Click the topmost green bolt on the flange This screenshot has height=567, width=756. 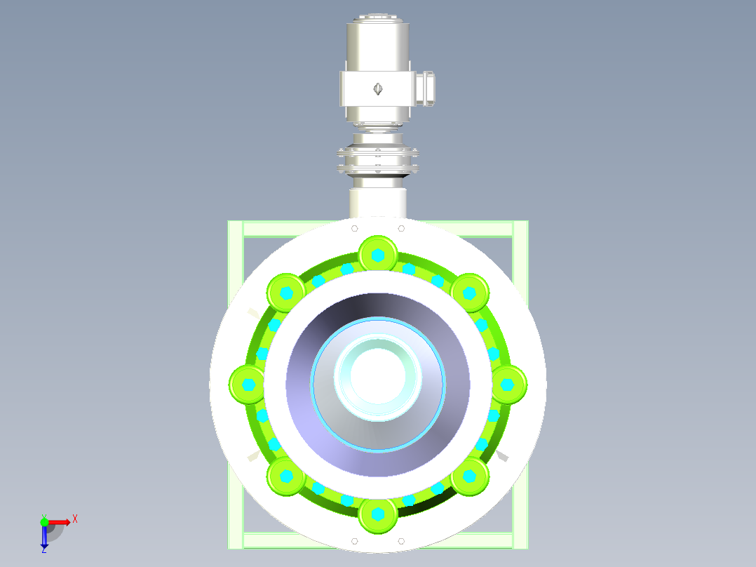pyautogui.click(x=378, y=254)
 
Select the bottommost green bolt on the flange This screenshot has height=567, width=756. pyautogui.click(x=378, y=514)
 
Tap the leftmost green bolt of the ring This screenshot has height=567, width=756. pyautogui.click(x=248, y=385)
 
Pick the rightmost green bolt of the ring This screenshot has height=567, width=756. pyautogui.click(x=508, y=385)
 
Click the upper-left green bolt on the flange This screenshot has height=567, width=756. pyautogui.click(x=286, y=292)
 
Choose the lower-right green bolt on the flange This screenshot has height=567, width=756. pyautogui.click(x=470, y=476)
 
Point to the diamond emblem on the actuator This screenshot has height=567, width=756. pyautogui.click(x=377, y=88)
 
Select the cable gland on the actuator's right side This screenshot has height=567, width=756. pyautogui.click(x=426, y=87)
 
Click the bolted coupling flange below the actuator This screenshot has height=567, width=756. pyautogui.click(x=377, y=160)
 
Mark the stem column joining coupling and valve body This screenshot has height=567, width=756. pyautogui.click(x=378, y=200)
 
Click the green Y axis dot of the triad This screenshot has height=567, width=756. pyautogui.click(x=44, y=521)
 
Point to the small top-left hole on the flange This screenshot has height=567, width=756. pyautogui.click(x=355, y=228)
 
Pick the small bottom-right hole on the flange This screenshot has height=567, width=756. pyautogui.click(x=401, y=541)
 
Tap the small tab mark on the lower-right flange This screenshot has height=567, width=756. pyautogui.click(x=501, y=457)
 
